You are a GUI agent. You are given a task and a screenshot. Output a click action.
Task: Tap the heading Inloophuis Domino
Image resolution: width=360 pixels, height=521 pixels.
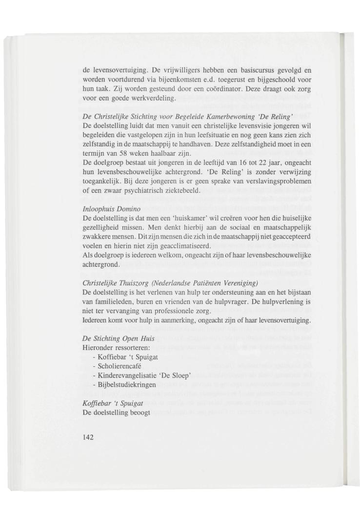(107, 209)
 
